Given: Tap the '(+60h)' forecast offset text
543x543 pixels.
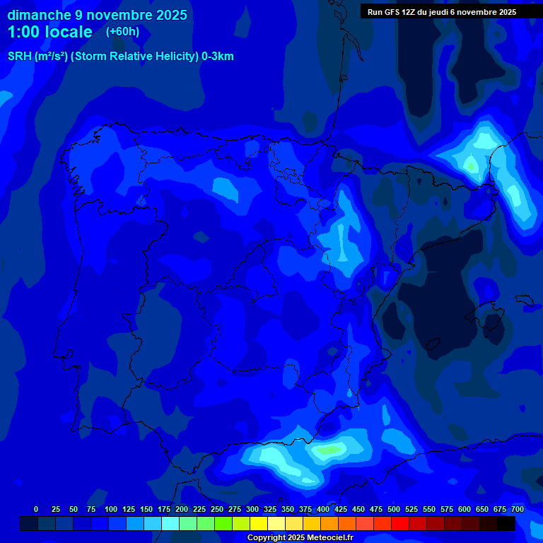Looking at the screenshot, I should (122, 31).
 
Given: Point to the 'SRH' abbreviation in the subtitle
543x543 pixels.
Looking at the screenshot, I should (20, 57).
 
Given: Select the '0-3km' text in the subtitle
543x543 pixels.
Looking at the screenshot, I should (217, 57).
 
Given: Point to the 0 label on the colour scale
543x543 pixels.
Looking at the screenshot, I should (36, 509).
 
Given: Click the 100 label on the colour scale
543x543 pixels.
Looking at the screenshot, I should (111, 509).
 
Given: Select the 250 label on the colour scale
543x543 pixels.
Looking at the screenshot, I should (217, 509).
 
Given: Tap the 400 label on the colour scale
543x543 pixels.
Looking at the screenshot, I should (323, 509).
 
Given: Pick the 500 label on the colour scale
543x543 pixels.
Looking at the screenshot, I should (394, 509).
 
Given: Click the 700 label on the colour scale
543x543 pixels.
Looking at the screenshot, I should (518, 509).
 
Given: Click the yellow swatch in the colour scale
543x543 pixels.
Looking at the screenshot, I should (259, 524).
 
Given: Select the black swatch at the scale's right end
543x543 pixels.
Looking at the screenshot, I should (506, 524).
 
